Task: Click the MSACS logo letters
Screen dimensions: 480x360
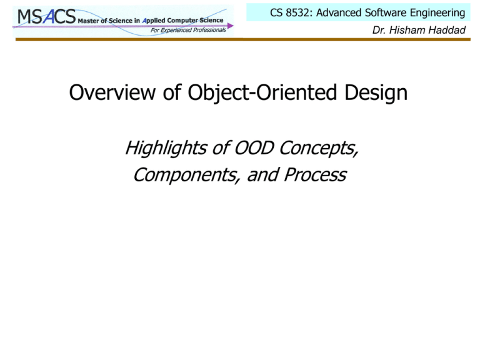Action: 46,16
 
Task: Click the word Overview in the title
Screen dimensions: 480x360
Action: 112,92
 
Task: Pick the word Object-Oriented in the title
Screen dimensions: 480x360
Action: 262,93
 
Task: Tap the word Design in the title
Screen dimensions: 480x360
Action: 376,93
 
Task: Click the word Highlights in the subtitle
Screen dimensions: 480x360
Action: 166,148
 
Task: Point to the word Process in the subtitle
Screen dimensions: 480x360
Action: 315,175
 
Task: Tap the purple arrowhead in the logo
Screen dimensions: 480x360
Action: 230,26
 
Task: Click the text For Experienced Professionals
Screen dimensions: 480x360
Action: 188,30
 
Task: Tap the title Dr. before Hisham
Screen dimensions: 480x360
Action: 379,30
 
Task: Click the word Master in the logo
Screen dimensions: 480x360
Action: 88,21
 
